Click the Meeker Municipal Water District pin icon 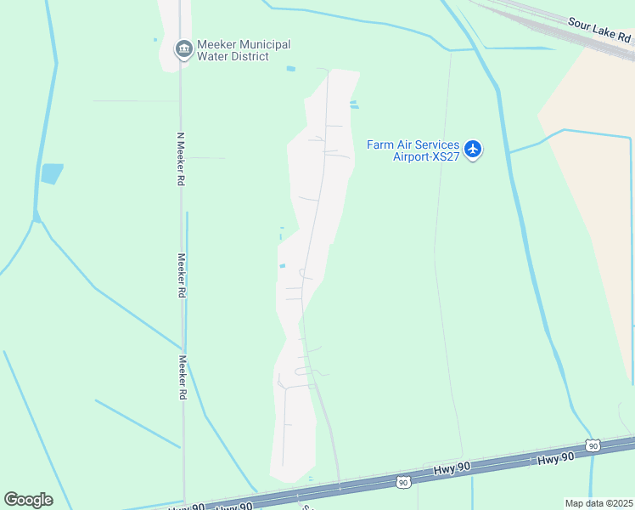[183, 50]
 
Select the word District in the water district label [249, 57]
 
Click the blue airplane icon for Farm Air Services [473, 150]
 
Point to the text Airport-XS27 [425, 156]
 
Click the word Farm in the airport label [381, 144]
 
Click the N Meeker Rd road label [181, 158]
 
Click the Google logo [28, 500]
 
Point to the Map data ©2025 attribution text [599, 503]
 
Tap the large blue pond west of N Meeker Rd [52, 173]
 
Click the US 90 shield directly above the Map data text [593, 445]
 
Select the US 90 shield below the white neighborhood [402, 482]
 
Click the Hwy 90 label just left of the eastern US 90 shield [556, 458]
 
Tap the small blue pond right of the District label [291, 68]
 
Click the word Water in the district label [213, 57]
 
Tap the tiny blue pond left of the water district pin [155, 39]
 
